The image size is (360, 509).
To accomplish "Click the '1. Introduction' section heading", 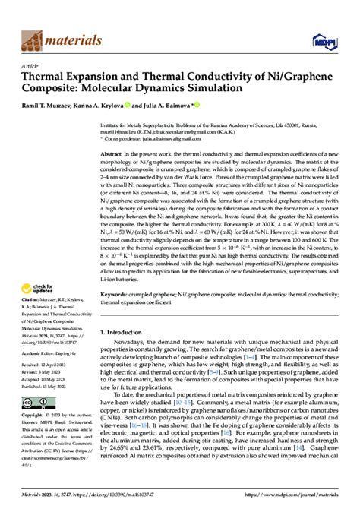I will tap(127, 333).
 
